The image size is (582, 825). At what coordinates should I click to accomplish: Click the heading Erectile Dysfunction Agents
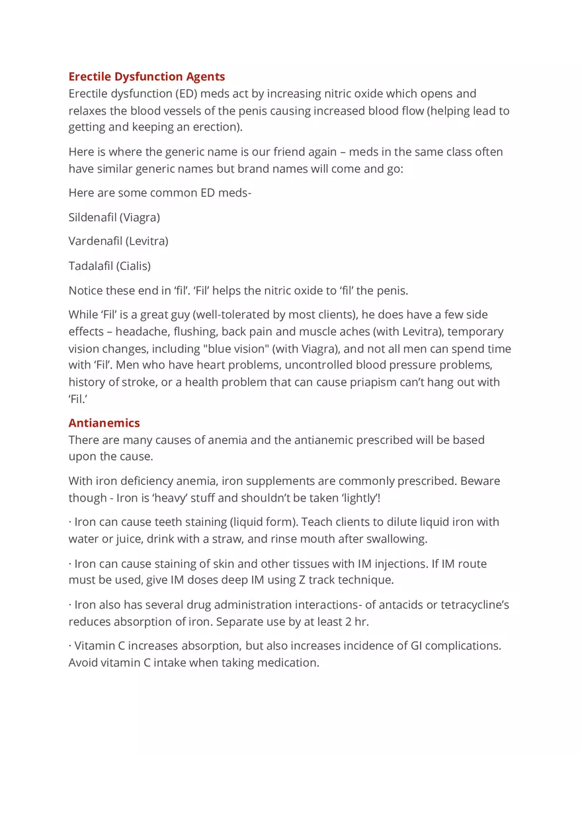coord(147,77)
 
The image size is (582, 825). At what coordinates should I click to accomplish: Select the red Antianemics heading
coord(104,423)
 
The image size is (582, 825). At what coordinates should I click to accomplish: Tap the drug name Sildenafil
coord(93,217)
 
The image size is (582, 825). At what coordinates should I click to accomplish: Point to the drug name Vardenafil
coord(95,241)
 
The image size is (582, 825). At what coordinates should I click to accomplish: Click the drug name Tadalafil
coord(91,266)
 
